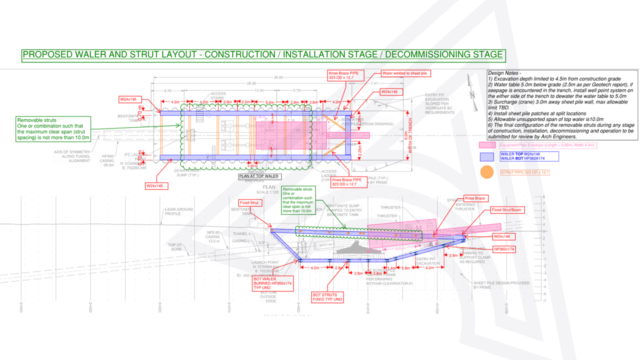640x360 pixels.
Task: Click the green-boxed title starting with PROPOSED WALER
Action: coord(262,54)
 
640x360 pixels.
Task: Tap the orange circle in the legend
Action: coord(486,172)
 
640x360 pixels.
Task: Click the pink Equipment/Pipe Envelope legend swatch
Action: coord(487,145)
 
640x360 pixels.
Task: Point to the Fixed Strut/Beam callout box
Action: coord(507,210)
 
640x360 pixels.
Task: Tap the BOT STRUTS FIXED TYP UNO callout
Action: coord(328,296)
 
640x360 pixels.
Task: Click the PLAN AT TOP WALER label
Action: coord(259,176)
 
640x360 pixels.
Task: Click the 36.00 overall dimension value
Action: coord(278,77)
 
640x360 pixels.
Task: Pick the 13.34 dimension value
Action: coord(259,90)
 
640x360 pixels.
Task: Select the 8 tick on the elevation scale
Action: coord(544,197)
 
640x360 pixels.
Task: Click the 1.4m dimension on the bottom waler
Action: coord(391,268)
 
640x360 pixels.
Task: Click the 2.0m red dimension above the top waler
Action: coord(246,102)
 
